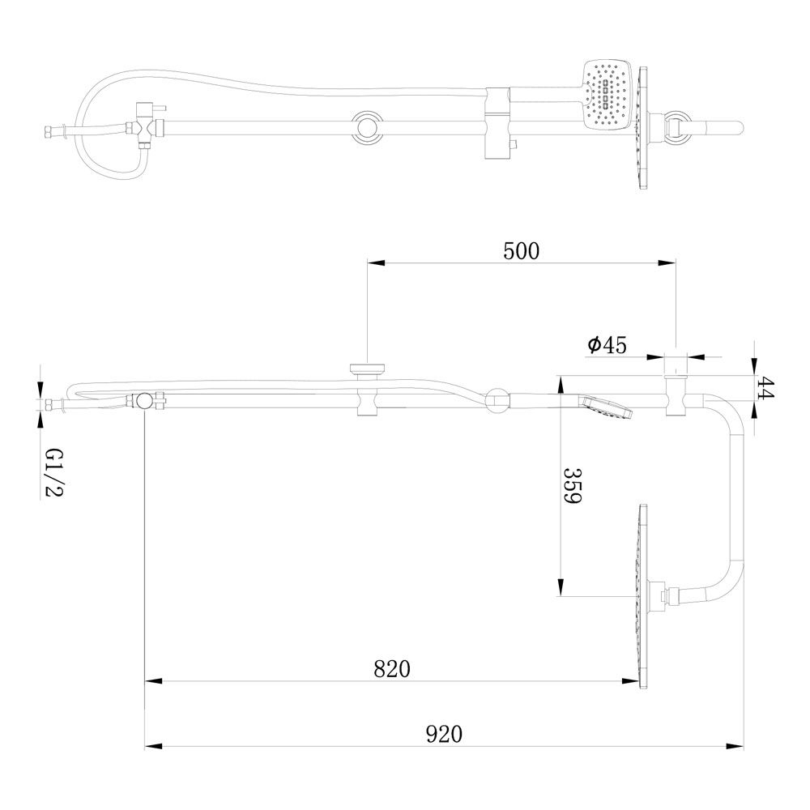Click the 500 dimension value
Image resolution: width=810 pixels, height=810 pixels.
click(521, 251)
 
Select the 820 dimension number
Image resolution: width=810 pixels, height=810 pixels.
click(392, 669)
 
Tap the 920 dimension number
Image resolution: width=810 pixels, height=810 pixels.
click(444, 734)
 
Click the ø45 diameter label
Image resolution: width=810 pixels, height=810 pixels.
click(607, 344)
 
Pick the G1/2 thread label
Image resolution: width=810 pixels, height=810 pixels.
click(53, 472)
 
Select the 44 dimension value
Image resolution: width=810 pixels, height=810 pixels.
click(767, 388)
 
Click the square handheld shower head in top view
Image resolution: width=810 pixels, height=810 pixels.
click(608, 95)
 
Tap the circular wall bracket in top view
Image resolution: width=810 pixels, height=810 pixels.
click(369, 125)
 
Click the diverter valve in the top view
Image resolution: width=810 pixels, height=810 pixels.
click(147, 126)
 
